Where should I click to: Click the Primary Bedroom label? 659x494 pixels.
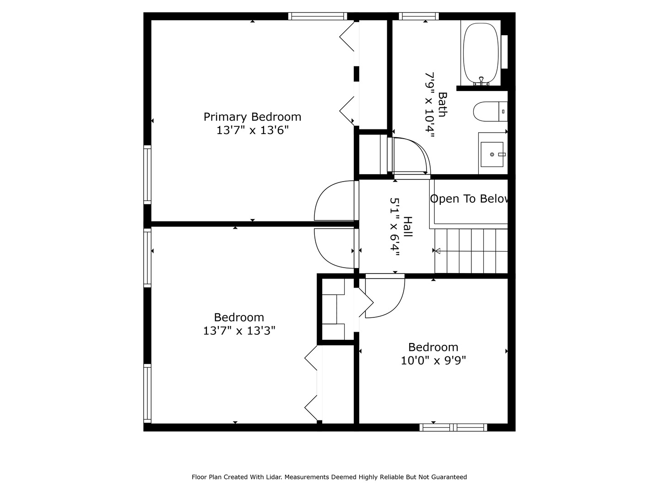(x=252, y=117)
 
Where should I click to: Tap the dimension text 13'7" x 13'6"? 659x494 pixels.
(x=253, y=130)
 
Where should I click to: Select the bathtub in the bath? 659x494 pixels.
(x=481, y=54)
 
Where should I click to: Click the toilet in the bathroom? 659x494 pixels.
(x=490, y=112)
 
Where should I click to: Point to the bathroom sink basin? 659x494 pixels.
(x=492, y=155)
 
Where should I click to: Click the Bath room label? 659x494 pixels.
(x=443, y=104)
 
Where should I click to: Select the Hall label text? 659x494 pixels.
(x=407, y=226)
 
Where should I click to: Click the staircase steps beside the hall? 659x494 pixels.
(x=471, y=251)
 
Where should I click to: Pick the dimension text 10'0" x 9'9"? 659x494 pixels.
(x=433, y=360)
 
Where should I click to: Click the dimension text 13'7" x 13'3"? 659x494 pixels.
(x=239, y=331)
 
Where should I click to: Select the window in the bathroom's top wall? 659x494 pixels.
(x=419, y=16)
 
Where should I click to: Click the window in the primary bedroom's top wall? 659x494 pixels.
(x=318, y=16)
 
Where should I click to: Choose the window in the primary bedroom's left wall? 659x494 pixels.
(x=147, y=175)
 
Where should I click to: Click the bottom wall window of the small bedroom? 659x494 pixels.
(x=454, y=427)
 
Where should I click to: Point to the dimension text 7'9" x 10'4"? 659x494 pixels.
(x=430, y=104)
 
